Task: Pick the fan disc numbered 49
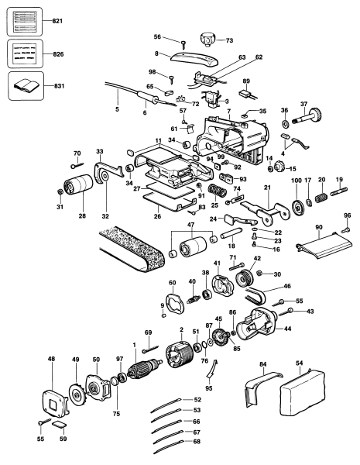[76, 395]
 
